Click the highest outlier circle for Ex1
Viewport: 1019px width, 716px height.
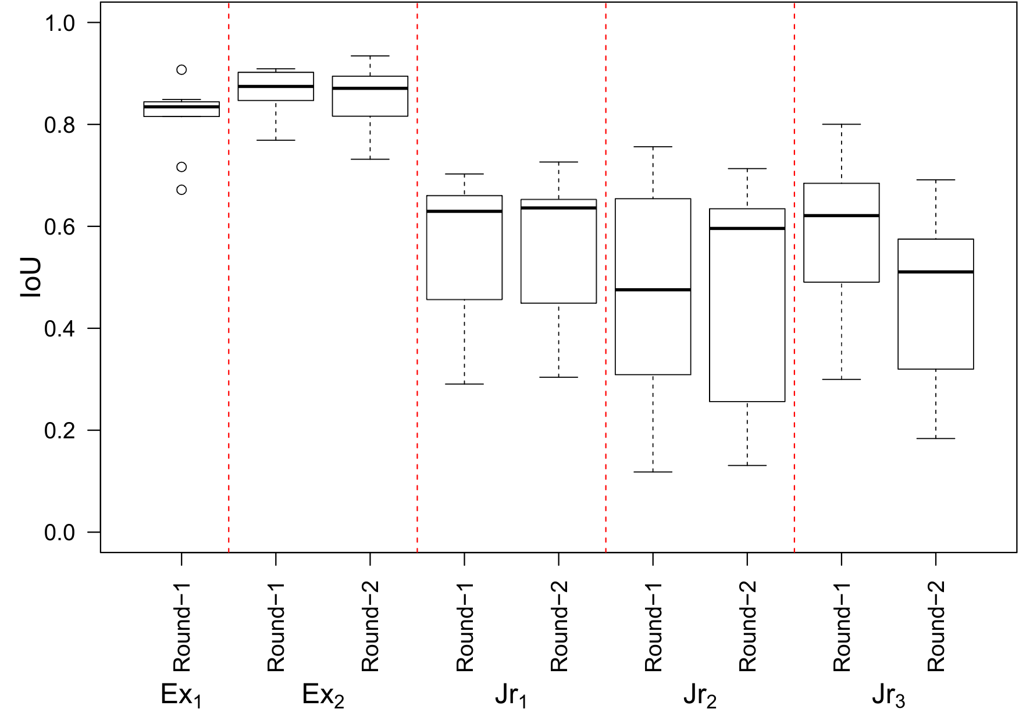[x=181, y=70]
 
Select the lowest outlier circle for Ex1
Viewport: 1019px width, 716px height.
[x=181, y=190]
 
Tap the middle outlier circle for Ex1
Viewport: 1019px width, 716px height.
[x=181, y=167]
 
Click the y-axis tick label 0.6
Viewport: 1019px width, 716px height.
[x=60, y=226]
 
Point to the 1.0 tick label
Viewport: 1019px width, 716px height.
[x=60, y=23]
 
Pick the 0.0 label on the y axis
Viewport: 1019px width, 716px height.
[x=60, y=532]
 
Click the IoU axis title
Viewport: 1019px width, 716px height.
[x=31, y=278]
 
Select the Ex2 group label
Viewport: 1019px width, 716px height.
[x=323, y=695]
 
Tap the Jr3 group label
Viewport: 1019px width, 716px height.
[x=888, y=695]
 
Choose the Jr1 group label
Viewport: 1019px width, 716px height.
[x=511, y=695]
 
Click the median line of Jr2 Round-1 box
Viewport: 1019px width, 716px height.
[x=653, y=289]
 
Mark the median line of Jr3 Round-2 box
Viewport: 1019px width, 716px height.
[x=935, y=272]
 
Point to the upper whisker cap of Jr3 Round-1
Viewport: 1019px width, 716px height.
[x=841, y=125]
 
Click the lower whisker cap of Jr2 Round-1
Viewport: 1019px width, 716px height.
[x=653, y=472]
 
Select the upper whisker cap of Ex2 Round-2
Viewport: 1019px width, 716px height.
[x=370, y=56]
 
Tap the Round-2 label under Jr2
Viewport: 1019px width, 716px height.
[x=747, y=626]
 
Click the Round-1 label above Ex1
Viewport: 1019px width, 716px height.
[x=182, y=626]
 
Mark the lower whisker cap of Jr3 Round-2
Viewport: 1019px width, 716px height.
[x=935, y=438]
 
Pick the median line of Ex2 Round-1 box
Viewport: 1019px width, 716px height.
[x=276, y=86]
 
